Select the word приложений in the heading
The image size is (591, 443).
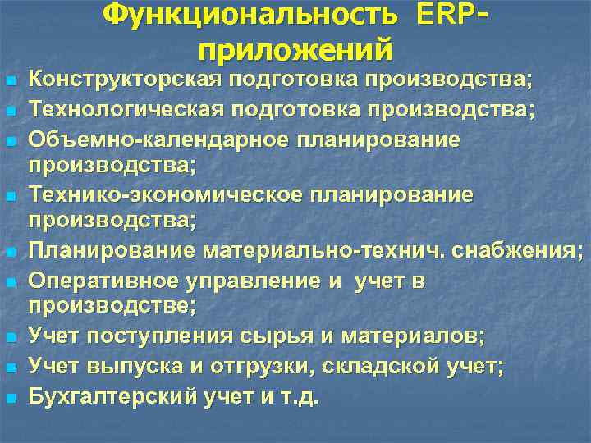(295, 50)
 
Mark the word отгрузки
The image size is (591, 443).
(253, 367)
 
